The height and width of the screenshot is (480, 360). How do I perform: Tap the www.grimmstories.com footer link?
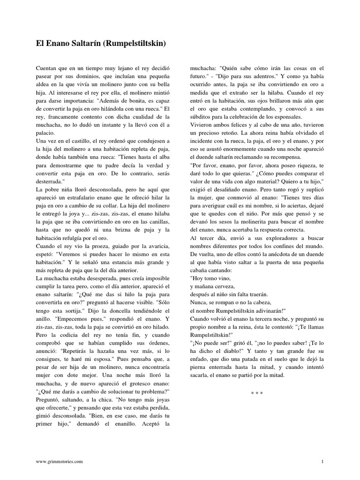click(60, 461)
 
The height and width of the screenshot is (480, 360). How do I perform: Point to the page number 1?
click(322, 461)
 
